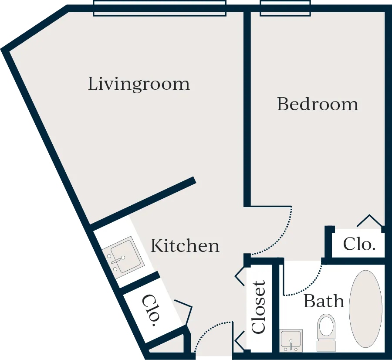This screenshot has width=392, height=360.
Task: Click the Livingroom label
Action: click(139, 84)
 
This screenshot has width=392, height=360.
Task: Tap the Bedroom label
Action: click(318, 104)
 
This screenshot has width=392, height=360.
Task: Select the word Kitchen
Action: click(185, 245)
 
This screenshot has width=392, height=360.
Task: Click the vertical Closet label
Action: click(258, 307)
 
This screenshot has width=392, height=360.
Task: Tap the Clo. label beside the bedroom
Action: click(359, 244)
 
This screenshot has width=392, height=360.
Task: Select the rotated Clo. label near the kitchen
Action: click(151, 310)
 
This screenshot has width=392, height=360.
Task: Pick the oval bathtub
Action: click(365, 309)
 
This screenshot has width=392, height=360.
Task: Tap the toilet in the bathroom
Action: click(326, 333)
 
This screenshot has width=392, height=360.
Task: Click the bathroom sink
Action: click(291, 340)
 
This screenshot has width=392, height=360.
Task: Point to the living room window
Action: click(159, 8)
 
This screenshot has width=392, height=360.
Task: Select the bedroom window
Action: click(285, 8)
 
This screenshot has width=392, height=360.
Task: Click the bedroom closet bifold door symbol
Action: click(370, 220)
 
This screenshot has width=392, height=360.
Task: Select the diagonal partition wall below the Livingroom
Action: click(142, 203)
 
